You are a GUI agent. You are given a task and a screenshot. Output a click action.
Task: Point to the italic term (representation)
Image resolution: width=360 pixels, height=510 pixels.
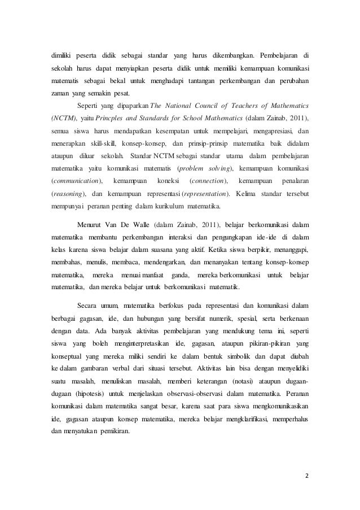[204, 194]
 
